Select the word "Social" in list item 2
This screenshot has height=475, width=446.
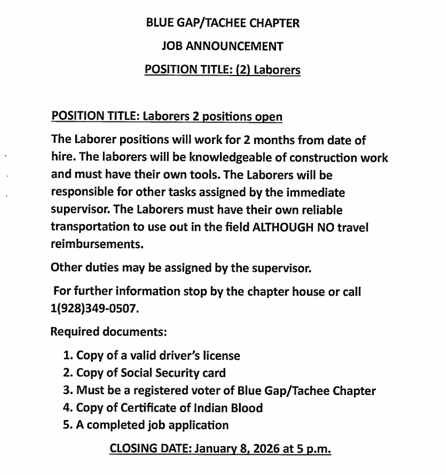pyautogui.click(x=123, y=373)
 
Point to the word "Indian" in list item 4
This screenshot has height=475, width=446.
pyautogui.click(x=196, y=408)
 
